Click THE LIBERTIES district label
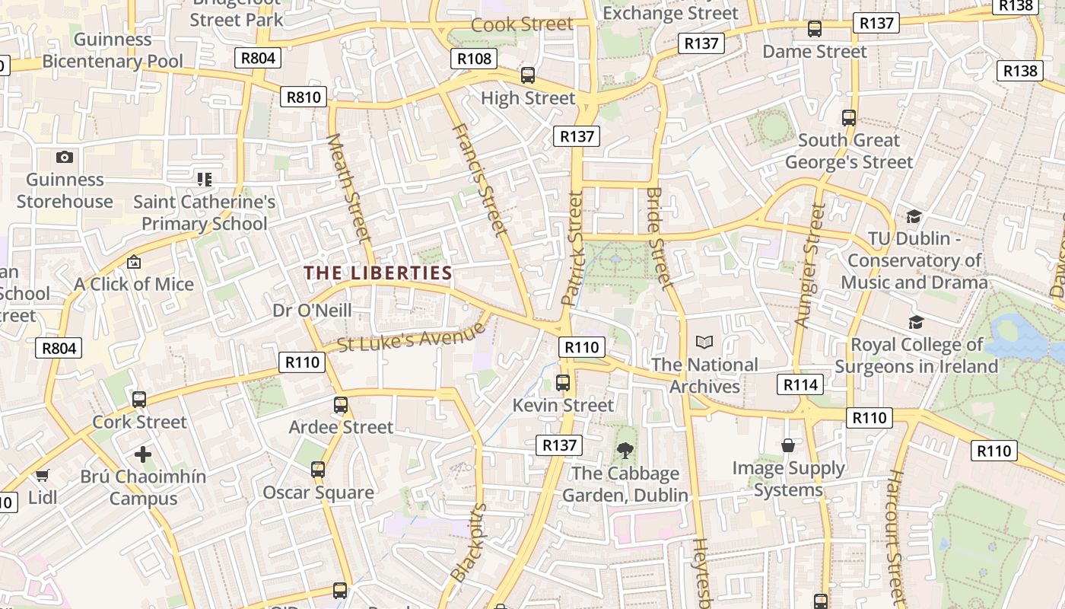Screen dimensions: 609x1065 tap(378, 273)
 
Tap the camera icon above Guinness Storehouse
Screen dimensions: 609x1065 tap(65, 157)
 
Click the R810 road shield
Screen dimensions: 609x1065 tap(304, 97)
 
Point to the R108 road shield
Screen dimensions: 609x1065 tap(475, 59)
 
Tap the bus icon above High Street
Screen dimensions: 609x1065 tap(528, 75)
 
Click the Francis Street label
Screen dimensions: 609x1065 tap(479, 179)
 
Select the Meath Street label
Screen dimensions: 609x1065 tap(348, 188)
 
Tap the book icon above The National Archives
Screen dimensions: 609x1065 tap(704, 343)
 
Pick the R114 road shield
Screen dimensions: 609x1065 tap(800, 384)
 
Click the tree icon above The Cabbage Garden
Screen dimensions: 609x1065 tap(625, 451)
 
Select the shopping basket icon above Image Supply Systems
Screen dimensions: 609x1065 tap(788, 445)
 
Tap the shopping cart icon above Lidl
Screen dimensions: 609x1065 tap(43, 476)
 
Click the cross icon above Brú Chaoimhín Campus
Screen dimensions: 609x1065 tap(143, 454)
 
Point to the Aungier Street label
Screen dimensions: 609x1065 tap(809, 265)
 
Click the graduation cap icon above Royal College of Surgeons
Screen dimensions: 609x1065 tap(916, 322)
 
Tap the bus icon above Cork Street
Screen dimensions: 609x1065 tap(139, 399)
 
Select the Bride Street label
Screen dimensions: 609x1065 tap(660, 238)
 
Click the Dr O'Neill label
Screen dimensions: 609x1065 tap(312, 310)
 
